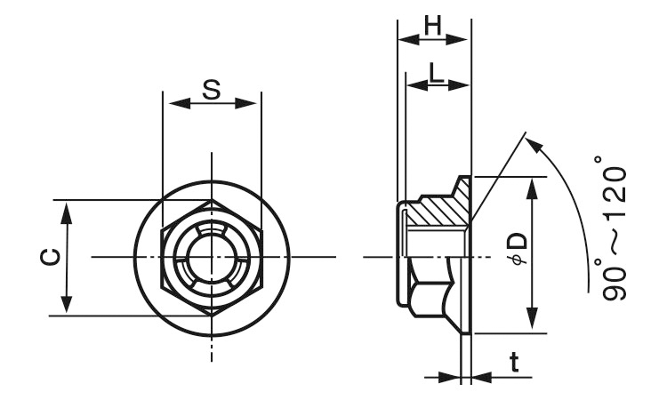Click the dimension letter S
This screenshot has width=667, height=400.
click(212, 90)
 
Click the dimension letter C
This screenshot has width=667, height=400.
click(51, 257)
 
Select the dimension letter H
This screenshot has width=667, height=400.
click(433, 26)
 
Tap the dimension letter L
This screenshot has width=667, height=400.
click(436, 72)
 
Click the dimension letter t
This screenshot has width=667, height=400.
click(515, 362)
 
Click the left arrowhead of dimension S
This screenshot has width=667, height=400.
click(180, 103)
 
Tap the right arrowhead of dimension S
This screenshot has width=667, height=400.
click(245, 103)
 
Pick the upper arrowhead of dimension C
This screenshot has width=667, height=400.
click(66, 213)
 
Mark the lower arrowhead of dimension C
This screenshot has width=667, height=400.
click(66, 302)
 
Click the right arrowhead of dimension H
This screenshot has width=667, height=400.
click(456, 40)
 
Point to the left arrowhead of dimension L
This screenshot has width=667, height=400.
click(417, 85)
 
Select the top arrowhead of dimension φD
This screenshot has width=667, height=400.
click(532, 189)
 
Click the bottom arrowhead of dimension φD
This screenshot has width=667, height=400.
click(532, 318)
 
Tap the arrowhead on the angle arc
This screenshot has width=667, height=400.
click(534, 146)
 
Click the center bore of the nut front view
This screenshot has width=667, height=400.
click(212, 257)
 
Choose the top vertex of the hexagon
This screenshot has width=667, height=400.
click(212, 200)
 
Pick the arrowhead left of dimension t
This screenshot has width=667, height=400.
click(449, 377)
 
